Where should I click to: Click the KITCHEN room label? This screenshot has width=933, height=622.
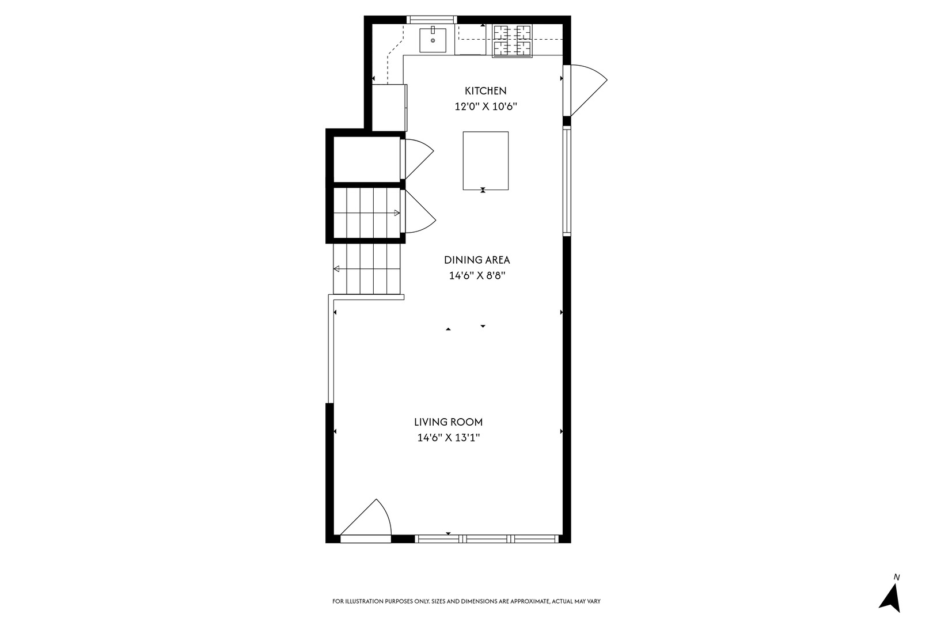coord(486,90)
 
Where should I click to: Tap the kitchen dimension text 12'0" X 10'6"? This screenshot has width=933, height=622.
coord(486,107)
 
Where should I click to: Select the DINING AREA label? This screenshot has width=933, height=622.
coord(477,260)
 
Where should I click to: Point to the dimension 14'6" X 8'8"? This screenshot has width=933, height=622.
coord(477,276)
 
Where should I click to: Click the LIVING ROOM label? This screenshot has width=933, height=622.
coord(449,422)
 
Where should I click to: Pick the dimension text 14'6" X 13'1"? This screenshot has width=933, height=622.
coord(449,438)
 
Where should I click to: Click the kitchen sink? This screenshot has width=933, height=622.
coord(433,39)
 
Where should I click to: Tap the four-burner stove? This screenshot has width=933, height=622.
coord(512,40)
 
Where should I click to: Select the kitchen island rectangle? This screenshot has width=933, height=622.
coord(486,160)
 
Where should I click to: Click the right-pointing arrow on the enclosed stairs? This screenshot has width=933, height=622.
coord(396,213)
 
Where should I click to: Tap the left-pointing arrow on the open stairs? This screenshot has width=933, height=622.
coord(336,268)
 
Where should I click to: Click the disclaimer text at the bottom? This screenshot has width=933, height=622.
coord(466,601)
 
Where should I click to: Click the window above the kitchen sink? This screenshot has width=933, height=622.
coord(432,20)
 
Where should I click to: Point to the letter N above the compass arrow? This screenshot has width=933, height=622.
coord(896,577)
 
